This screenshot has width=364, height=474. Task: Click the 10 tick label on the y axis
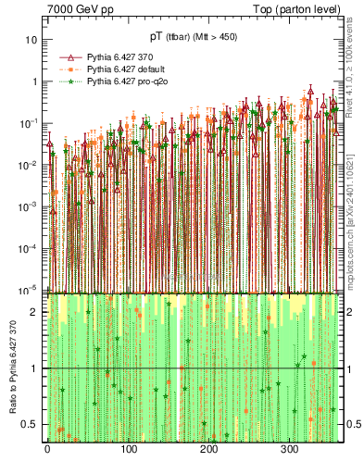coord(31,40)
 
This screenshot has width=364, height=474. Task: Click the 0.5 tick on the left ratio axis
coord(30,424)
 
